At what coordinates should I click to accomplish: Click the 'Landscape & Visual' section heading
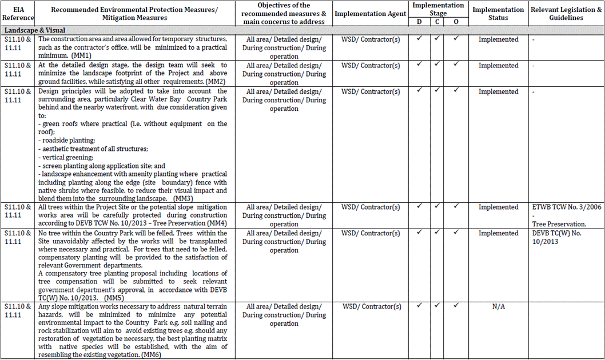click(x=34, y=30)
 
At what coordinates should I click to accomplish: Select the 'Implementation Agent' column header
click(x=371, y=14)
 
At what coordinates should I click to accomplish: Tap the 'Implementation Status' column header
click(x=498, y=14)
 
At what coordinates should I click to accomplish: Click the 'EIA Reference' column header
click(x=18, y=14)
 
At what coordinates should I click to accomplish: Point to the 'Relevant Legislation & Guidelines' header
click(x=566, y=14)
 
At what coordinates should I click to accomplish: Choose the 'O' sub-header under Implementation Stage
click(x=456, y=21)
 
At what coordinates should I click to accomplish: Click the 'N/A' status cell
click(x=498, y=306)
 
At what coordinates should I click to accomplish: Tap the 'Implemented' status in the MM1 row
click(x=498, y=39)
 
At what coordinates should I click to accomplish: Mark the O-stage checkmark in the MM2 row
click(x=456, y=65)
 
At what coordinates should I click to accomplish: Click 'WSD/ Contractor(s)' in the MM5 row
click(x=371, y=233)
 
